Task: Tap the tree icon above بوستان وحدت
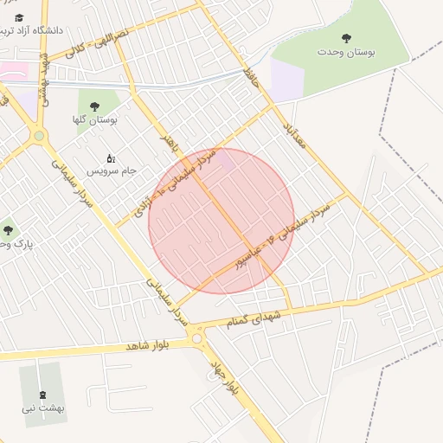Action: [x=347, y=38]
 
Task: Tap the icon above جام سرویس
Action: [x=111, y=158]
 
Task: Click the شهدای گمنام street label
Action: [x=254, y=317]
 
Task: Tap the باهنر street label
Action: [x=170, y=144]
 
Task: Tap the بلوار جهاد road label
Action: [x=222, y=378]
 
